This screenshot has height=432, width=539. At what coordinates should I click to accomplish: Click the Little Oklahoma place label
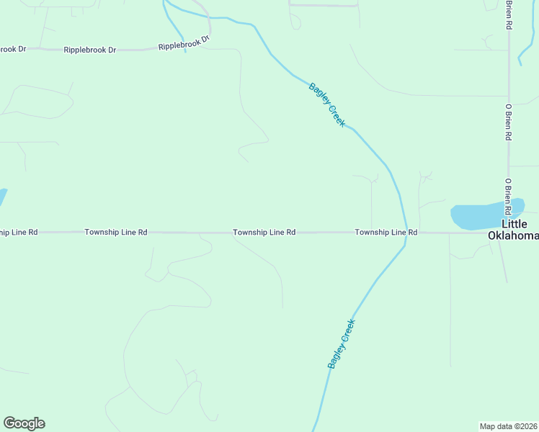pyautogui.click(x=513, y=230)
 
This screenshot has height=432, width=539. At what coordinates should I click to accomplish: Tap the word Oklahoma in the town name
pyautogui.click(x=513, y=235)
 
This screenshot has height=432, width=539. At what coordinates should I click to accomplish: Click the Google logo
pyautogui.click(x=24, y=423)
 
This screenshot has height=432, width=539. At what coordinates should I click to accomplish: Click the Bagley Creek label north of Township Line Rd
pyautogui.click(x=327, y=105)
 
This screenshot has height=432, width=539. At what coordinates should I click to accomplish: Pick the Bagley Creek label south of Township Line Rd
pyautogui.click(x=342, y=344)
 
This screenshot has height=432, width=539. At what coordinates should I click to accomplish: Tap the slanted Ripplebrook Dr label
pyautogui.click(x=184, y=42)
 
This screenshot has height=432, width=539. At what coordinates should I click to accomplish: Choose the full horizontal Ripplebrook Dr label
pyautogui.click(x=89, y=50)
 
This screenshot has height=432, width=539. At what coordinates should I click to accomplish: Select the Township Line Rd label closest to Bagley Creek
pyautogui.click(x=386, y=233)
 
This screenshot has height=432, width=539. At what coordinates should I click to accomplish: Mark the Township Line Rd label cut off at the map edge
pyautogui.click(x=19, y=233)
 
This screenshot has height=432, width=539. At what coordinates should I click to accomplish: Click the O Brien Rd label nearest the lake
pyautogui.click(x=508, y=197)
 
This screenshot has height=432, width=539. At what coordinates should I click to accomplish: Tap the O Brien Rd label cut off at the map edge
pyautogui.click(x=509, y=14)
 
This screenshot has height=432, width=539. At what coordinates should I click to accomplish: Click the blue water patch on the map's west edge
pyautogui.click(x=2, y=196)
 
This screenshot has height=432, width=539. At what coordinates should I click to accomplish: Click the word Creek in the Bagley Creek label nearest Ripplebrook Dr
pyautogui.click(x=337, y=117)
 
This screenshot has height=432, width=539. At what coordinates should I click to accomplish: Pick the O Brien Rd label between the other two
pyautogui.click(x=508, y=120)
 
